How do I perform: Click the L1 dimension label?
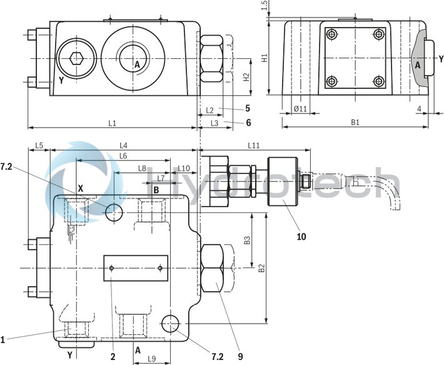tap(112, 123)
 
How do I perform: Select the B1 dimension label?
tap(355, 123)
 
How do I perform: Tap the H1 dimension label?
tap(265, 58)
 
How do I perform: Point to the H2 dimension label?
tap(246, 77)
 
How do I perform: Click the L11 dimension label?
tap(254, 145)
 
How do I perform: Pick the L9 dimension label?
tap(152, 358)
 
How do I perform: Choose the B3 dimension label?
tap(248, 239)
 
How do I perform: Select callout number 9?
tap(241, 357)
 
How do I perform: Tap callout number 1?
tap(3, 340)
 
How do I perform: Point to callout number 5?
tap(248, 108)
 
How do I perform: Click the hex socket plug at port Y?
tap(75, 59)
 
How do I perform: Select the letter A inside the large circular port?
tap(136, 63)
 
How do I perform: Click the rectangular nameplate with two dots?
tap(136, 268)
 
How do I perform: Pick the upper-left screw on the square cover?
tap(331, 34)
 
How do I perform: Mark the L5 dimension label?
tap(39, 145)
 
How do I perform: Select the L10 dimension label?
tap(184, 168)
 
